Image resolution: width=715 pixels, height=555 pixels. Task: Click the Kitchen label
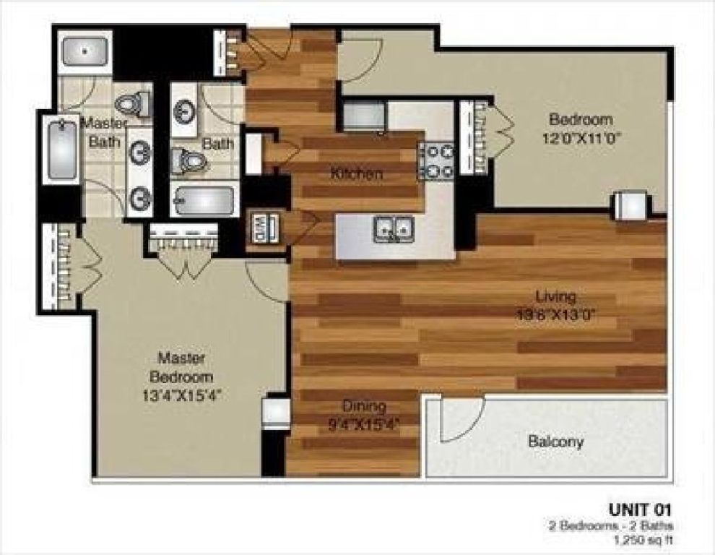coord(356,174)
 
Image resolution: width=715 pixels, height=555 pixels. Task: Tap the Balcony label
coord(555,441)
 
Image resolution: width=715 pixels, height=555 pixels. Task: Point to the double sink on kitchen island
coord(394,230)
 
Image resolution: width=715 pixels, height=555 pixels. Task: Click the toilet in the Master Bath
coord(133,106)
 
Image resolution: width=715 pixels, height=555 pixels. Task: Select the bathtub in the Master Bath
coord(62,150)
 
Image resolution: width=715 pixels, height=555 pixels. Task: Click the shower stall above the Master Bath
coord(85,51)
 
